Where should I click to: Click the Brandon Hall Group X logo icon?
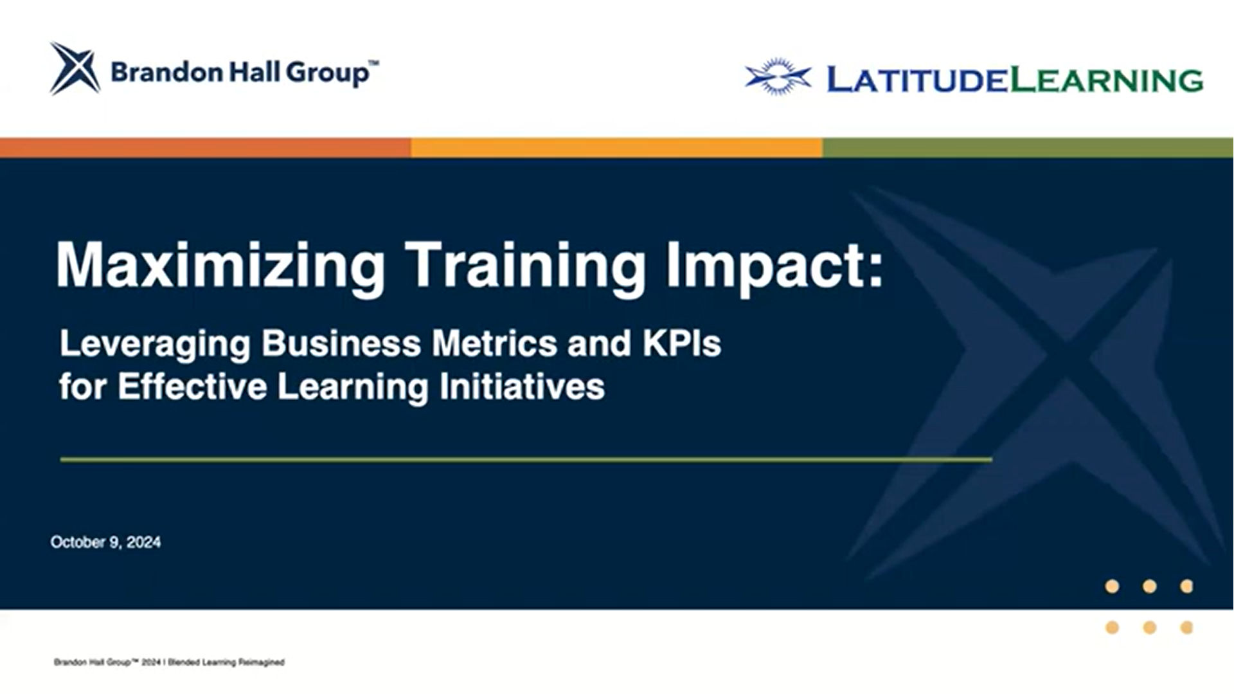pyautogui.click(x=75, y=68)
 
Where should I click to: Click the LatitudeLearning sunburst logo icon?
pyautogui.click(x=778, y=77)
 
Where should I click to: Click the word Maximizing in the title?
pyautogui.click(x=220, y=266)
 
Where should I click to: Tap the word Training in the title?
pyautogui.click(x=525, y=266)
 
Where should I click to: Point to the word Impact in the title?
pyautogui.click(x=768, y=266)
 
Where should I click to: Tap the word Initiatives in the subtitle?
pyautogui.click(x=522, y=387)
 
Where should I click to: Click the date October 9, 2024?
pyautogui.click(x=105, y=542)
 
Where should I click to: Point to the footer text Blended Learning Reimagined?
pyautogui.click(x=226, y=662)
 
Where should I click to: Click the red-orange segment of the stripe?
pyautogui.click(x=206, y=147)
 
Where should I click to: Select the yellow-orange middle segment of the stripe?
pyautogui.click(x=617, y=147)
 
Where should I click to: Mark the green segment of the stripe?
pyautogui.click(x=1028, y=147)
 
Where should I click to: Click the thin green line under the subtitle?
pyautogui.click(x=526, y=460)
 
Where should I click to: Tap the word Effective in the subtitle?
pyautogui.click(x=192, y=387)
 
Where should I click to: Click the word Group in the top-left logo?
pyautogui.click(x=328, y=73)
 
